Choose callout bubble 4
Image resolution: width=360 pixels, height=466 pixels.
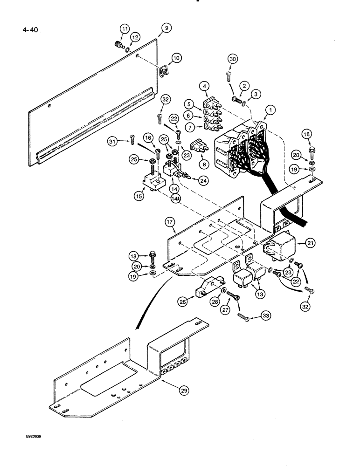click(204, 86)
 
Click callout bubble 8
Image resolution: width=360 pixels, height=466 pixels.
click(203, 164)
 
